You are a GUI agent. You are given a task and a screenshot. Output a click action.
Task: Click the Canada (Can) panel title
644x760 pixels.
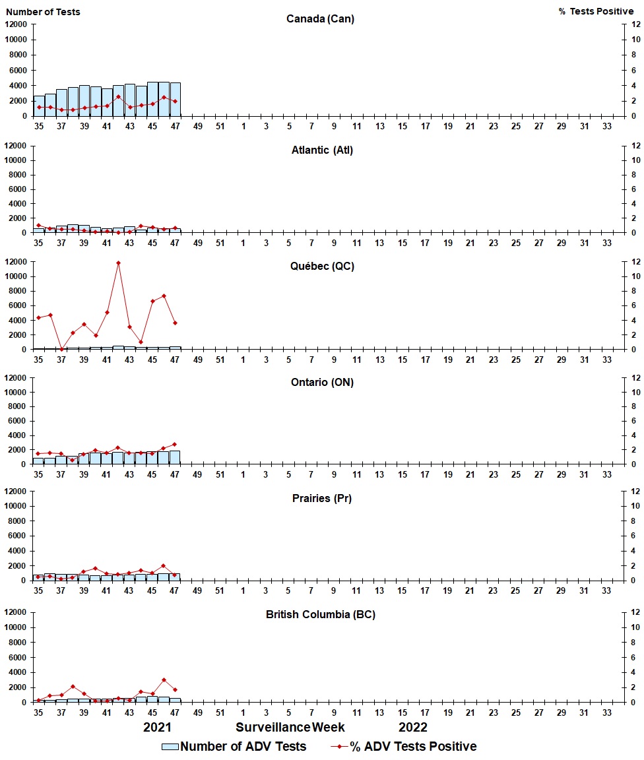click(320, 18)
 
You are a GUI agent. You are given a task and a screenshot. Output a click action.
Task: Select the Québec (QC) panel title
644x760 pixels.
click(322, 267)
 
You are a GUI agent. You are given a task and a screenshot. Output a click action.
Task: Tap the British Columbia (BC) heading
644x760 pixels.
click(321, 615)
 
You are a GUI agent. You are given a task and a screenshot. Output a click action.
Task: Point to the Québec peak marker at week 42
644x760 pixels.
click(118, 263)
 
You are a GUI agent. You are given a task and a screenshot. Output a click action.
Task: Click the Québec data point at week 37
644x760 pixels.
click(61, 349)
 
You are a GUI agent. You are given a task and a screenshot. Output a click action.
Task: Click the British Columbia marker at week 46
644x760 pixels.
click(164, 680)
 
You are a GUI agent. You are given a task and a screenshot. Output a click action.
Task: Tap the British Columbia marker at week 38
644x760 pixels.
click(73, 687)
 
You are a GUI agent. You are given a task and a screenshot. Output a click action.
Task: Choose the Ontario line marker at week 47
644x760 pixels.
click(175, 444)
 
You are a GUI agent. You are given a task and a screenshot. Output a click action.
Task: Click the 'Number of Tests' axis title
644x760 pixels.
click(43, 12)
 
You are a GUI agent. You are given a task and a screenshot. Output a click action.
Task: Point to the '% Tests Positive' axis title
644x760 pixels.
click(596, 12)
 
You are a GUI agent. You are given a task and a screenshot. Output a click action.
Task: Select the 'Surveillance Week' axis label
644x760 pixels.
click(290, 727)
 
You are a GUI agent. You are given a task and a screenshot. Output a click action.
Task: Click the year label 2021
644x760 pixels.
click(158, 727)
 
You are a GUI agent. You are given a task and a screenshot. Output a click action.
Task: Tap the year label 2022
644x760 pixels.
click(412, 727)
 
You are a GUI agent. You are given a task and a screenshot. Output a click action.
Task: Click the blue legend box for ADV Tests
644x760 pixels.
click(170, 747)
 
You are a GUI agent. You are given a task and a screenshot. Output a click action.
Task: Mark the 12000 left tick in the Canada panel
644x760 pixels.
click(16, 24)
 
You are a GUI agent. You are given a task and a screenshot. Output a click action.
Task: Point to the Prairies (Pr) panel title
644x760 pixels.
click(322, 499)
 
